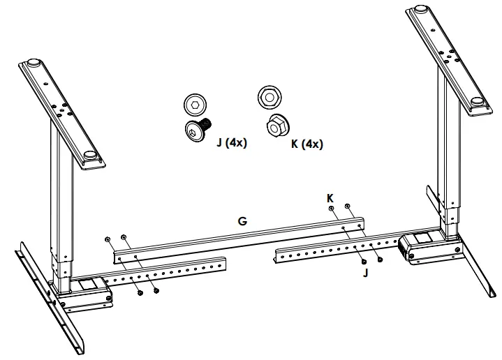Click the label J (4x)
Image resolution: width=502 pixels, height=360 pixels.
(x=232, y=143)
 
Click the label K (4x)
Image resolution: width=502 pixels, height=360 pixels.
(x=307, y=144)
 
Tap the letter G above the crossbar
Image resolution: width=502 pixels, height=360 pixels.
(x=242, y=221)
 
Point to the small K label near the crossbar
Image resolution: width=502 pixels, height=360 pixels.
(x=330, y=198)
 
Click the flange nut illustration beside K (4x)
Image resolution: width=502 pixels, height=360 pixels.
(x=276, y=126)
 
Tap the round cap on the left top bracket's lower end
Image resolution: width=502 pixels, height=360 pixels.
(x=89, y=156)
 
